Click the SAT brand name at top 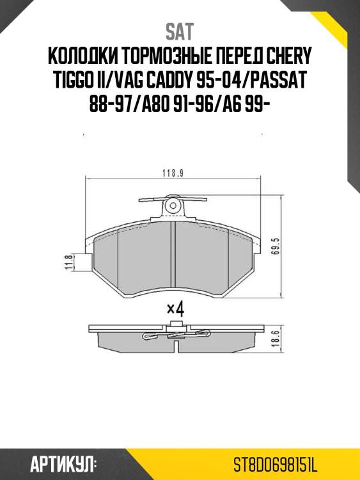pyautogui.click(x=179, y=31)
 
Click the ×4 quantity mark pyautogui.click(x=175, y=308)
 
